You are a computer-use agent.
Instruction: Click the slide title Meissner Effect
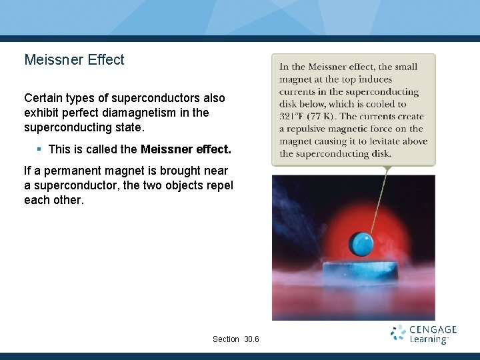coord(74,59)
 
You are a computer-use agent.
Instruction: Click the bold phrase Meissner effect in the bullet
coord(186,149)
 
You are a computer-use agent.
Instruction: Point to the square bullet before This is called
coord(40,149)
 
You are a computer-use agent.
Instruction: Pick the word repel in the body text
coord(219,185)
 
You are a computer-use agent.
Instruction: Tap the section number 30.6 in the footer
coord(251,339)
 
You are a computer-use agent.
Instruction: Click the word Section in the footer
coord(226,339)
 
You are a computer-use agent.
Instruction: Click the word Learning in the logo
coord(429,340)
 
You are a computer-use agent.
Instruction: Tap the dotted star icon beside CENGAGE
coord(398,333)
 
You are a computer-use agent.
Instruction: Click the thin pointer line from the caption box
coord(379,200)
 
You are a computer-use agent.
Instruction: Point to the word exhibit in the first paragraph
coord(41,113)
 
